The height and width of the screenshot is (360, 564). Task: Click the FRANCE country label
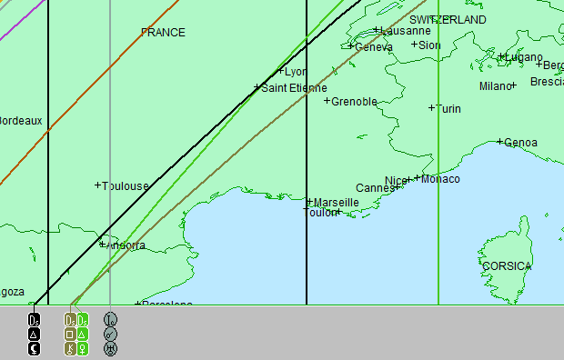click(163, 33)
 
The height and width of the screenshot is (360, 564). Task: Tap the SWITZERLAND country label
click(448, 20)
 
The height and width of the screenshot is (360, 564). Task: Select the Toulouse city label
click(126, 186)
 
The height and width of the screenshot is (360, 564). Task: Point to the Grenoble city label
click(354, 102)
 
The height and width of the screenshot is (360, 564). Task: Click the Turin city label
click(448, 109)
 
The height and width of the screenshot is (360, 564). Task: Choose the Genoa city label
click(520, 143)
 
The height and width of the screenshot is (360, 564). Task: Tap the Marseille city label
click(336, 203)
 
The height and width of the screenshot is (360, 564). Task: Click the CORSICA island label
click(507, 266)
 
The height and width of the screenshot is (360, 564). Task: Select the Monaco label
click(440, 179)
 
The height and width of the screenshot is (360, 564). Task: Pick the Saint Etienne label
click(294, 88)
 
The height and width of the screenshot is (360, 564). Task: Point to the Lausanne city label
click(406, 31)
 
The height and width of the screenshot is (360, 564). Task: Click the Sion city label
click(429, 45)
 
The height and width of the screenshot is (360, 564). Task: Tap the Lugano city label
click(525, 57)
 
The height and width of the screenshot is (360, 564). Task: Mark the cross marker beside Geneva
click(351, 46)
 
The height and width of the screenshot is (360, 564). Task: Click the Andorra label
click(126, 245)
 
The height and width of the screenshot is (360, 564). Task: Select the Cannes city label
click(375, 188)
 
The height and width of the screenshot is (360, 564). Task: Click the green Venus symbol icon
click(83, 347)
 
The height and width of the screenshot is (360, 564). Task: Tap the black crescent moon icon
click(35, 347)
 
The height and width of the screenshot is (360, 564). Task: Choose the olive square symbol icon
click(70, 334)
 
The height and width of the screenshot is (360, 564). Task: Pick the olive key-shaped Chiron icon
click(70, 347)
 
